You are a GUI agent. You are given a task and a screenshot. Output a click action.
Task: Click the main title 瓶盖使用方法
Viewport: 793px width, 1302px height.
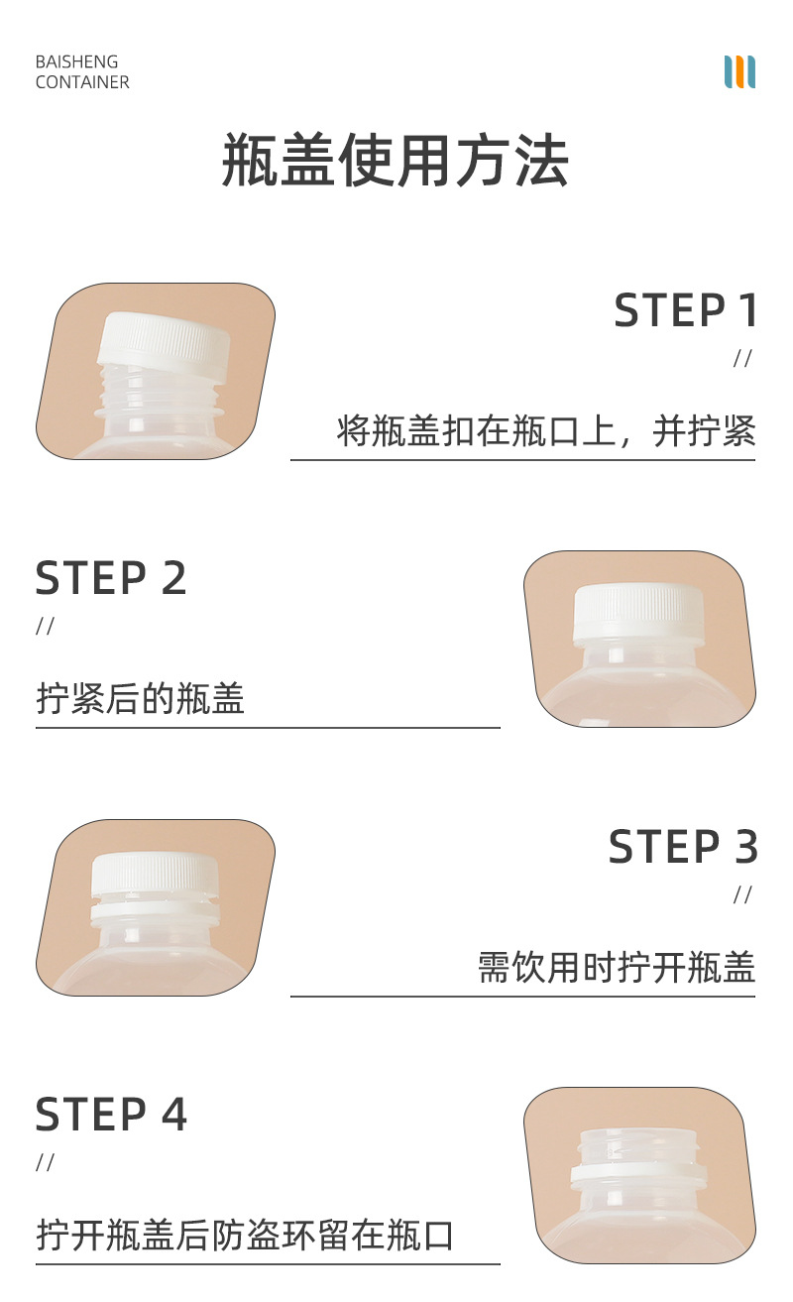pos(395,161)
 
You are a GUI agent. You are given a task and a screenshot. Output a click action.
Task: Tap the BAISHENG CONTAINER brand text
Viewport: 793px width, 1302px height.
pos(82,72)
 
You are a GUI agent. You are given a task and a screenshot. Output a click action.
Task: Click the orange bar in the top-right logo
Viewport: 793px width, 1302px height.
pos(739,72)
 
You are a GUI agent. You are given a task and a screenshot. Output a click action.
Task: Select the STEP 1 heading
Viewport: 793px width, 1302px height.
pos(685,311)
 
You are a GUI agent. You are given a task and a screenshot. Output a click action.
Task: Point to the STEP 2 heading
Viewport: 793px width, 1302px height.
pos(111,579)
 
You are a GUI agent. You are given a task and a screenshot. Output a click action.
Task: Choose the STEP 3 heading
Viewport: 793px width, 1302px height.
pos(683,848)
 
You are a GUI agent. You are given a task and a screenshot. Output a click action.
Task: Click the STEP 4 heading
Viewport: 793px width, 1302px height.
pos(111,1116)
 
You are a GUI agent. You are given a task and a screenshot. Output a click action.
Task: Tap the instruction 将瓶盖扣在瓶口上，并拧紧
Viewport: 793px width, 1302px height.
pos(546,432)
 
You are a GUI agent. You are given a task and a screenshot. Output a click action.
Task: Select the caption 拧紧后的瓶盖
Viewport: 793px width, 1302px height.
pos(140,700)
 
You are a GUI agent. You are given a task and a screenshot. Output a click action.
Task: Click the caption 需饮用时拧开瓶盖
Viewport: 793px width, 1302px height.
pos(617,968)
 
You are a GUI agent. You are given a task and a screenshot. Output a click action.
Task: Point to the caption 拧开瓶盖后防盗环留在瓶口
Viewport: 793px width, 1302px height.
pos(245,1237)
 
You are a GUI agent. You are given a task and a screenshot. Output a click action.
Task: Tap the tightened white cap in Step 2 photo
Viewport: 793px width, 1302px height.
pos(638,610)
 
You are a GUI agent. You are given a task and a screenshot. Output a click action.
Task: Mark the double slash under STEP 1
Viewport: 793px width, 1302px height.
pos(742,359)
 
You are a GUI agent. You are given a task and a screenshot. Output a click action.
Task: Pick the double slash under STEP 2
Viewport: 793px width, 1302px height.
pos(45,627)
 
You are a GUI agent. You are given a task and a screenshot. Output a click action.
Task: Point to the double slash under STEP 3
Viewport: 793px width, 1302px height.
pos(742,895)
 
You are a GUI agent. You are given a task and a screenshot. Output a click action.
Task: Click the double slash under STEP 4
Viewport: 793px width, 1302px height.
pos(45,1162)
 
